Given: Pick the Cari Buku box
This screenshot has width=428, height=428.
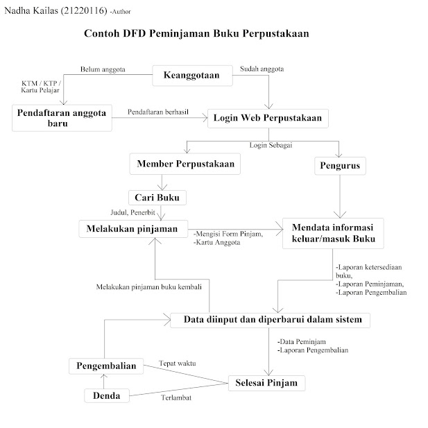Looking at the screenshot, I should tap(157, 198).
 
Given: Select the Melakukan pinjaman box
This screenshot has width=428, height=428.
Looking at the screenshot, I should tap(132, 228).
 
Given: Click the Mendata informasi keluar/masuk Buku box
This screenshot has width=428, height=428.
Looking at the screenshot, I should tap(333, 234).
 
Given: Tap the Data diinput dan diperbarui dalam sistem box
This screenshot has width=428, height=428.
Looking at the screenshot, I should tap(271, 320).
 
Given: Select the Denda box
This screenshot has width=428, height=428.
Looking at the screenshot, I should tap(107, 396).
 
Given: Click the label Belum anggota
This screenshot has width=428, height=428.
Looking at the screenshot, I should tap(99, 70).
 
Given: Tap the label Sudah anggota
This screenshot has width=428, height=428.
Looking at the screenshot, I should tap(262, 69).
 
